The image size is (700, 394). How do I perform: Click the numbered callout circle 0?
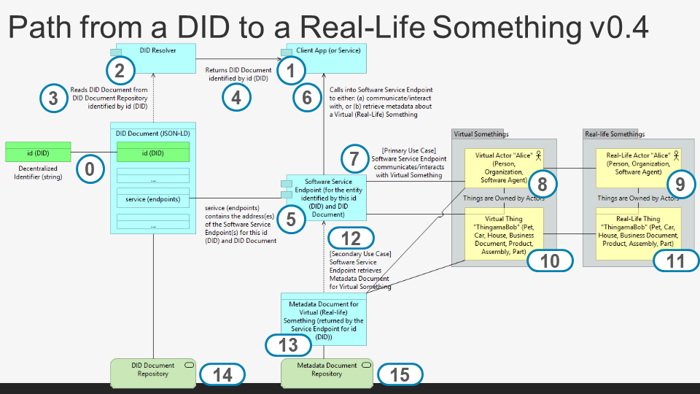click(90, 169)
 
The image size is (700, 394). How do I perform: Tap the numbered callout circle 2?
click(120, 71)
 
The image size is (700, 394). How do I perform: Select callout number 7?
click(354, 158)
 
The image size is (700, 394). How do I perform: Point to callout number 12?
click(351, 238)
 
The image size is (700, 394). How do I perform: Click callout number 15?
click(400, 374)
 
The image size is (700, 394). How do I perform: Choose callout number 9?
click(680, 185)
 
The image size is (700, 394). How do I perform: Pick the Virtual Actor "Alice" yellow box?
click(504, 167)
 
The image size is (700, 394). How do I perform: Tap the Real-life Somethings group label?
click(615, 134)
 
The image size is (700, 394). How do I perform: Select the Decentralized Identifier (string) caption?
click(38, 171)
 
